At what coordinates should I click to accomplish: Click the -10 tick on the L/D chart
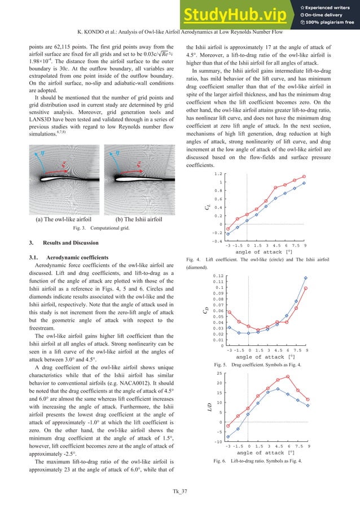(x=217, y=441)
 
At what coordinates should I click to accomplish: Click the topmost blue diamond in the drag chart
(x=306, y=278)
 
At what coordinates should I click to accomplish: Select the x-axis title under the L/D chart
(x=264, y=452)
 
